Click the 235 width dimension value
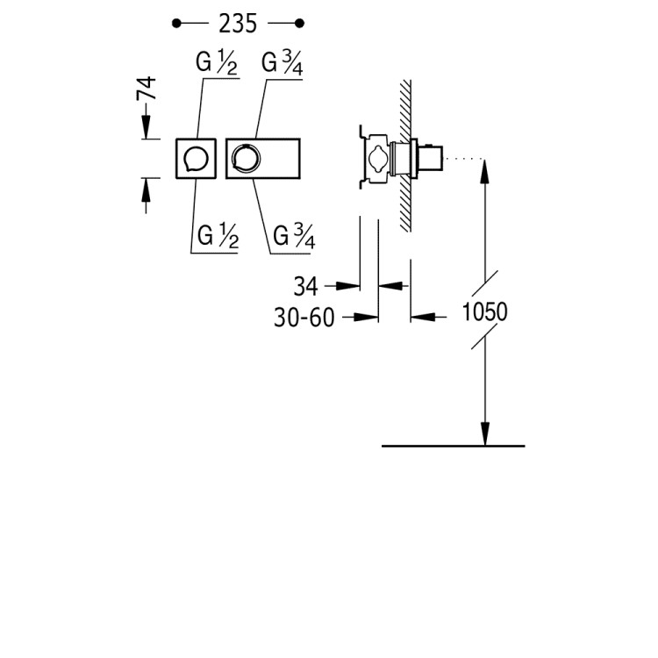pyautogui.click(x=238, y=24)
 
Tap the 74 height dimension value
pyautogui.click(x=147, y=88)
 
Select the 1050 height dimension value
pyautogui.click(x=484, y=311)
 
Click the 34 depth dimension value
pyautogui.click(x=306, y=287)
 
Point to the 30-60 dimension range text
pyautogui.click(x=304, y=318)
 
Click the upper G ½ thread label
pyautogui.click(x=217, y=63)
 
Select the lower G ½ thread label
pyautogui.click(x=218, y=236)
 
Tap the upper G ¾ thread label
pyautogui.click(x=282, y=63)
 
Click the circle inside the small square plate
pyautogui.click(x=196, y=159)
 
